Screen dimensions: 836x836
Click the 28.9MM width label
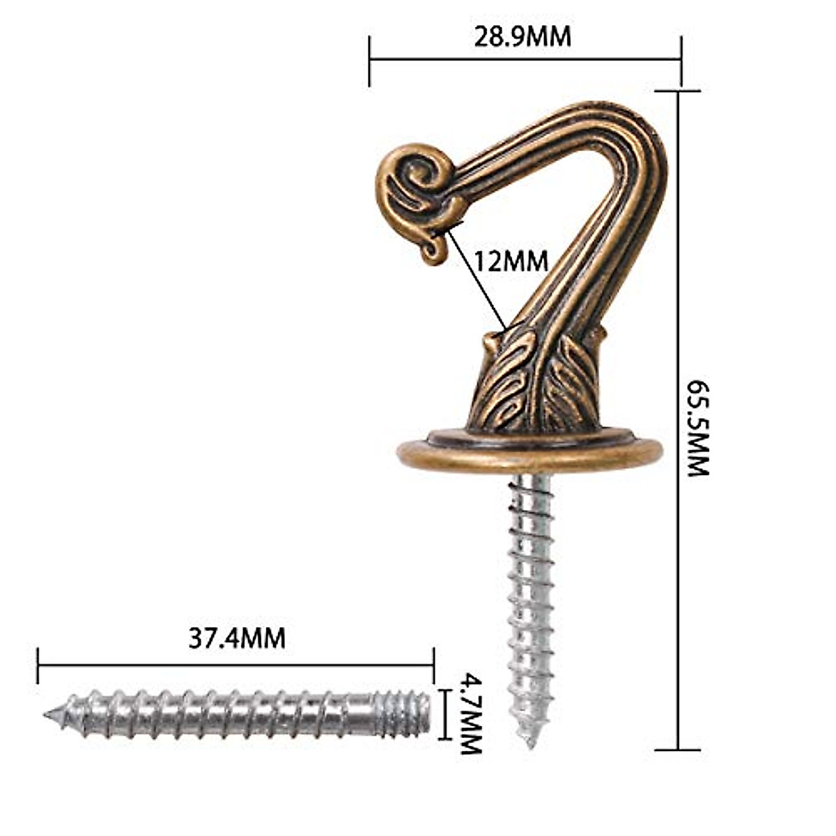pos(522,37)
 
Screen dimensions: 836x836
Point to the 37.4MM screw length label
pos(237,638)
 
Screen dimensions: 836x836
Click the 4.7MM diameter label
pos(471,713)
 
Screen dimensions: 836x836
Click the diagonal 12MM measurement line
pos(477,279)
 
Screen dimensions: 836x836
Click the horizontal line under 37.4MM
pos(237,664)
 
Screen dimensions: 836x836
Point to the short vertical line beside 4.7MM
pos(444,713)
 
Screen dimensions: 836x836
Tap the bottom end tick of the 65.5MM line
pos(678,750)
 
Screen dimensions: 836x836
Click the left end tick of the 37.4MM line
pos(38,665)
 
